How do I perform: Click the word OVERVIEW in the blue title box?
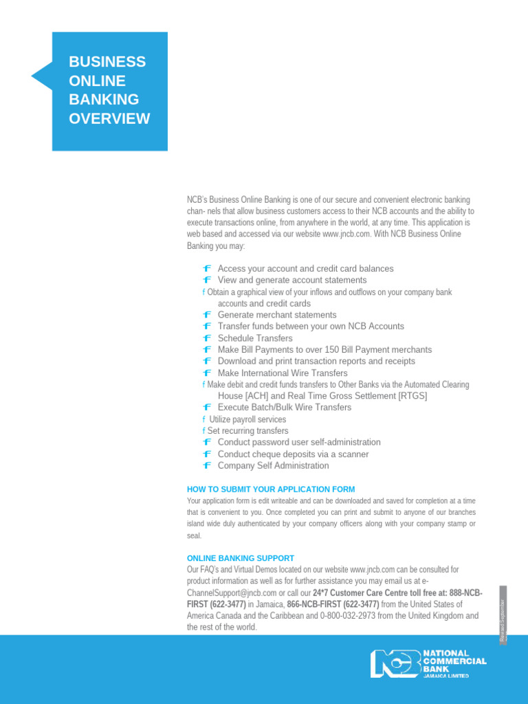pos(109,118)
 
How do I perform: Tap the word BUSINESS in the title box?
pos(107,62)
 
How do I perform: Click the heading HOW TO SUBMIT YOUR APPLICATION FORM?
pos(271,489)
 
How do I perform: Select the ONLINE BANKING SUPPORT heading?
pos(241,558)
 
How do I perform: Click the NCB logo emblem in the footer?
pos(395,663)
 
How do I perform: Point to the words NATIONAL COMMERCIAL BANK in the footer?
pos(454,661)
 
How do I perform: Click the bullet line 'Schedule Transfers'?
pos(254,338)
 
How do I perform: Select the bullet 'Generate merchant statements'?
pos(277,315)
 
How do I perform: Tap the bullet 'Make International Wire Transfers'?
pos(283,373)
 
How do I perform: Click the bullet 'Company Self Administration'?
pos(273,465)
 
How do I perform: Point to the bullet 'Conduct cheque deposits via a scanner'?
pos(293,454)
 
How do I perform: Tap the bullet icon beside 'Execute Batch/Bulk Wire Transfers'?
pos(207,408)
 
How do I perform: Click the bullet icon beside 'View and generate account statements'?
pos(207,280)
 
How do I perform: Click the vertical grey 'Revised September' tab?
pos(503,615)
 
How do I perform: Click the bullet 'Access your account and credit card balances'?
pos(305,269)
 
